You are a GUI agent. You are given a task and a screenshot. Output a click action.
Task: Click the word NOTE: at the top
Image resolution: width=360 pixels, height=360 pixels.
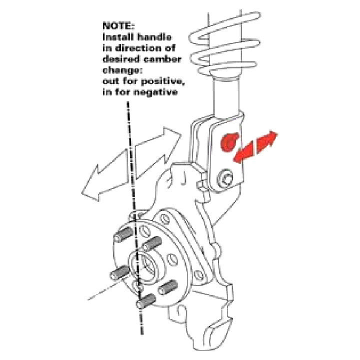(x=118, y=25)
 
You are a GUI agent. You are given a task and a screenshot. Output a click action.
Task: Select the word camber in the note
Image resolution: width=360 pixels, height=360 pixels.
(x=162, y=59)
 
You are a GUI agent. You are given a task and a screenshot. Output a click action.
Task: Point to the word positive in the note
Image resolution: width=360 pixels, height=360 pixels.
(x=163, y=81)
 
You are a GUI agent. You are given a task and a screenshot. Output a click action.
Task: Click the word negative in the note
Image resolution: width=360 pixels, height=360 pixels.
(x=155, y=92)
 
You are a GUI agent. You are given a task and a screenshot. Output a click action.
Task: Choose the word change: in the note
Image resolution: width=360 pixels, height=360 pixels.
(x=122, y=70)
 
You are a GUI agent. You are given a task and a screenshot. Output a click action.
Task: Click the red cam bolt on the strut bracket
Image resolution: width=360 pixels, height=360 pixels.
(x=229, y=142)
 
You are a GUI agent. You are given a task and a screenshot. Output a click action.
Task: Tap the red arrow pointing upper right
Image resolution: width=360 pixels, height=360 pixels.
(x=266, y=142)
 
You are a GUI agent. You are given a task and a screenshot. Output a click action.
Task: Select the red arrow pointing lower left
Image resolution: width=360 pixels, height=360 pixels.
(x=244, y=153)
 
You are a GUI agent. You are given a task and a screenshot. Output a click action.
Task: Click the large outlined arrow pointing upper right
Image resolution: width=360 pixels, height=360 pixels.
(x=158, y=152)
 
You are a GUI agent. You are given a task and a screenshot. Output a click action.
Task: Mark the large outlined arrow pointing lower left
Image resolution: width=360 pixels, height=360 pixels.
(x=104, y=175)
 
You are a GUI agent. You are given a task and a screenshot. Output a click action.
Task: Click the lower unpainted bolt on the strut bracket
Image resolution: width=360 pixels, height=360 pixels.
(x=225, y=178)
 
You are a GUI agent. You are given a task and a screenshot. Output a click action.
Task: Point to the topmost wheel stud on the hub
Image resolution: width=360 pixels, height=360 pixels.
(x=123, y=234)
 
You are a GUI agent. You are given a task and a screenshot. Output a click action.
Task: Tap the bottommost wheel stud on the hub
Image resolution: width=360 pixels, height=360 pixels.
(x=146, y=301)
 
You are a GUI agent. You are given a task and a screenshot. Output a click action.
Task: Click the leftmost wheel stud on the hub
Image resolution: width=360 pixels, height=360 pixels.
(x=120, y=273)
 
